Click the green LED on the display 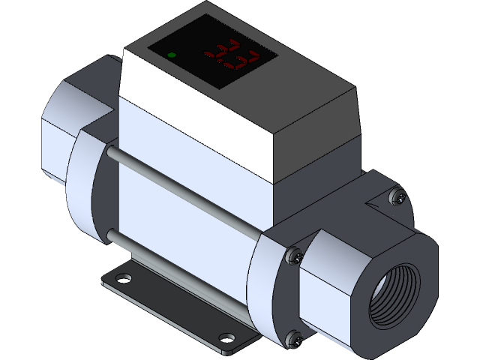172,55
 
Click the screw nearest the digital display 399,197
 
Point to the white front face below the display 195,120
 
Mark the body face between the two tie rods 187,217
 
